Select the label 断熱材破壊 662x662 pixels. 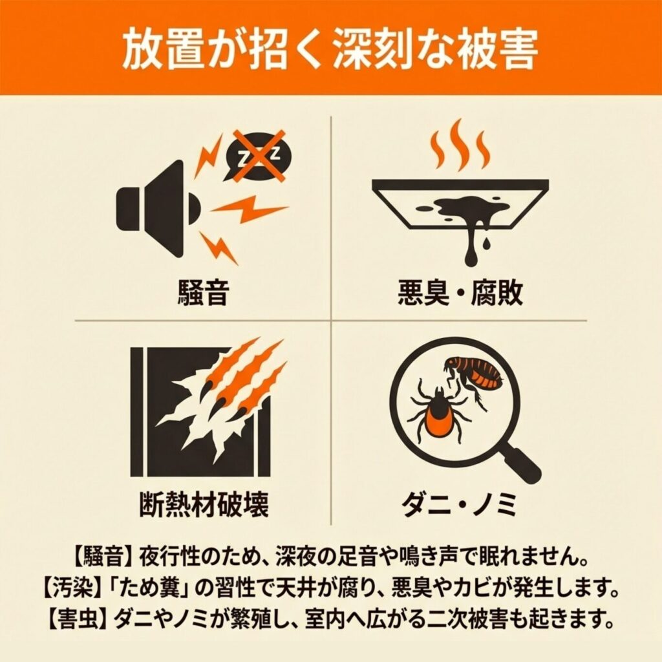pos(204,504)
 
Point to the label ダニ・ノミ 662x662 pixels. pos(459,504)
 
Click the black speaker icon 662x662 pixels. pos(156,209)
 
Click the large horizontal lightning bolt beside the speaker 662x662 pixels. pos(248,209)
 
